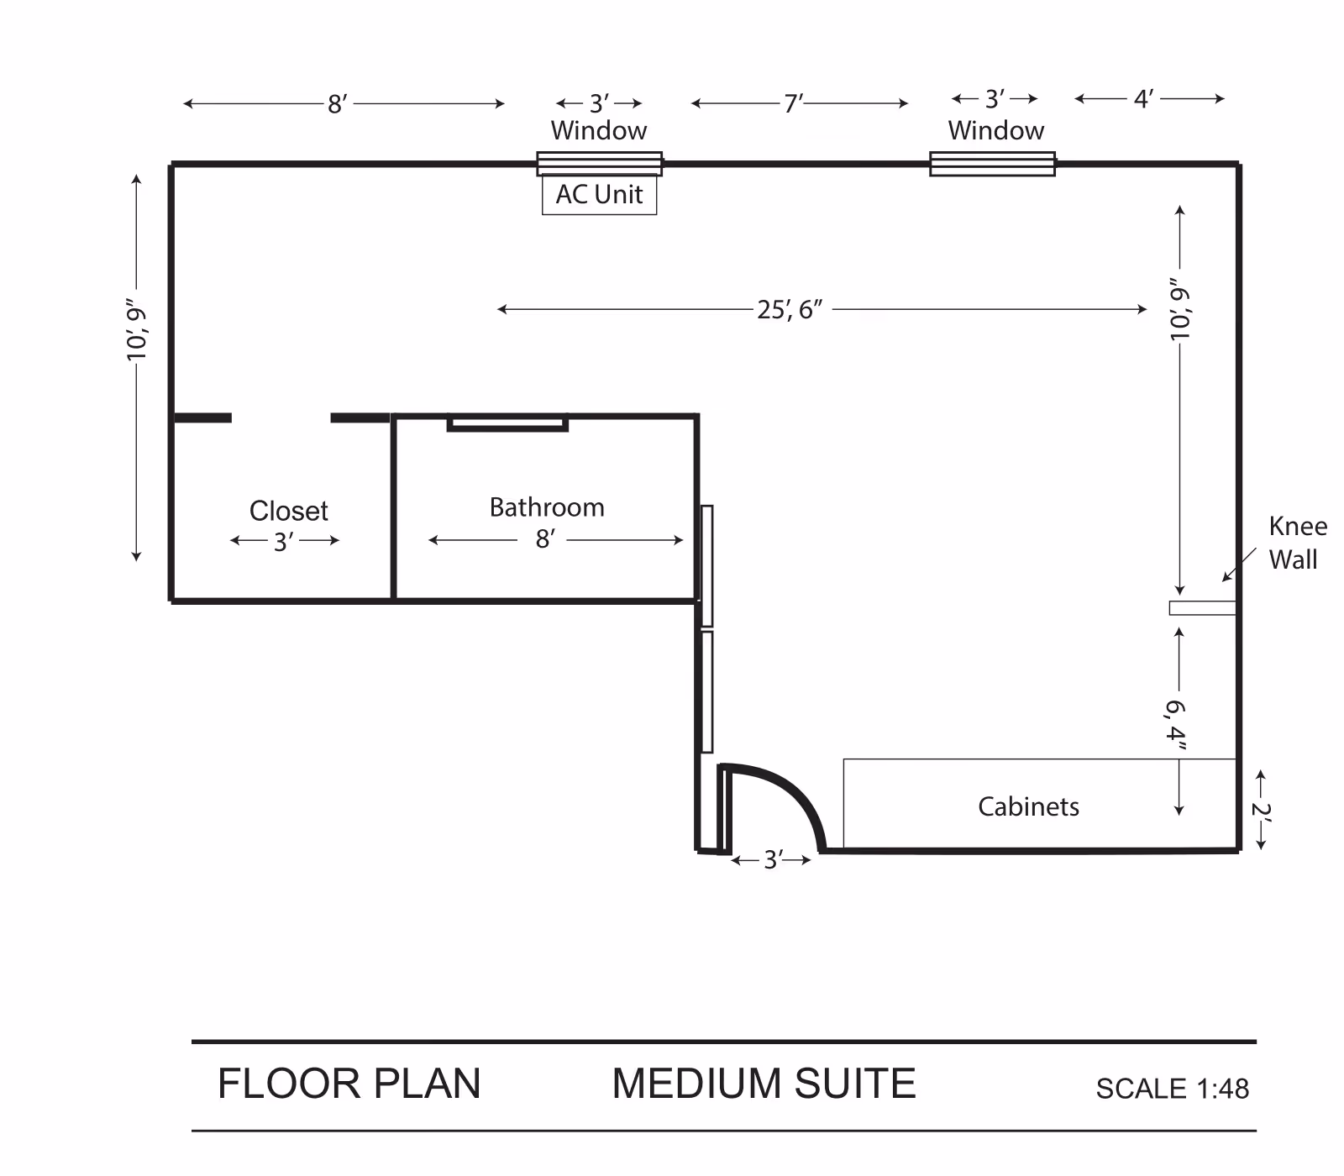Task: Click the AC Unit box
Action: point(599,195)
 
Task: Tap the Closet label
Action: point(288,511)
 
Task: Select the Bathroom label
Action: point(547,507)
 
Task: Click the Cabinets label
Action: point(1028,806)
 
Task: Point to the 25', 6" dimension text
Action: point(789,310)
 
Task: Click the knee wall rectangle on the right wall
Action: point(1202,607)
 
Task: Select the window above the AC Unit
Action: point(599,164)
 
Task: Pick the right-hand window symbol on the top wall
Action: point(992,164)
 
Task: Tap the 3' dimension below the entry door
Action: point(773,860)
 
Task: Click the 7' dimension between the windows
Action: point(793,103)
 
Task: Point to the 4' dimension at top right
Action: point(1143,99)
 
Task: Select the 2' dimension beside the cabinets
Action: point(1260,811)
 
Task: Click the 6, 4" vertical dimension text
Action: point(1176,722)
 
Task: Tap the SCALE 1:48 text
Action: point(1172,1089)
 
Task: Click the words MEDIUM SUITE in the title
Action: point(763,1084)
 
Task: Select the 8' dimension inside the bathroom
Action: point(545,538)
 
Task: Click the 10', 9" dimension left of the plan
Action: point(137,329)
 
